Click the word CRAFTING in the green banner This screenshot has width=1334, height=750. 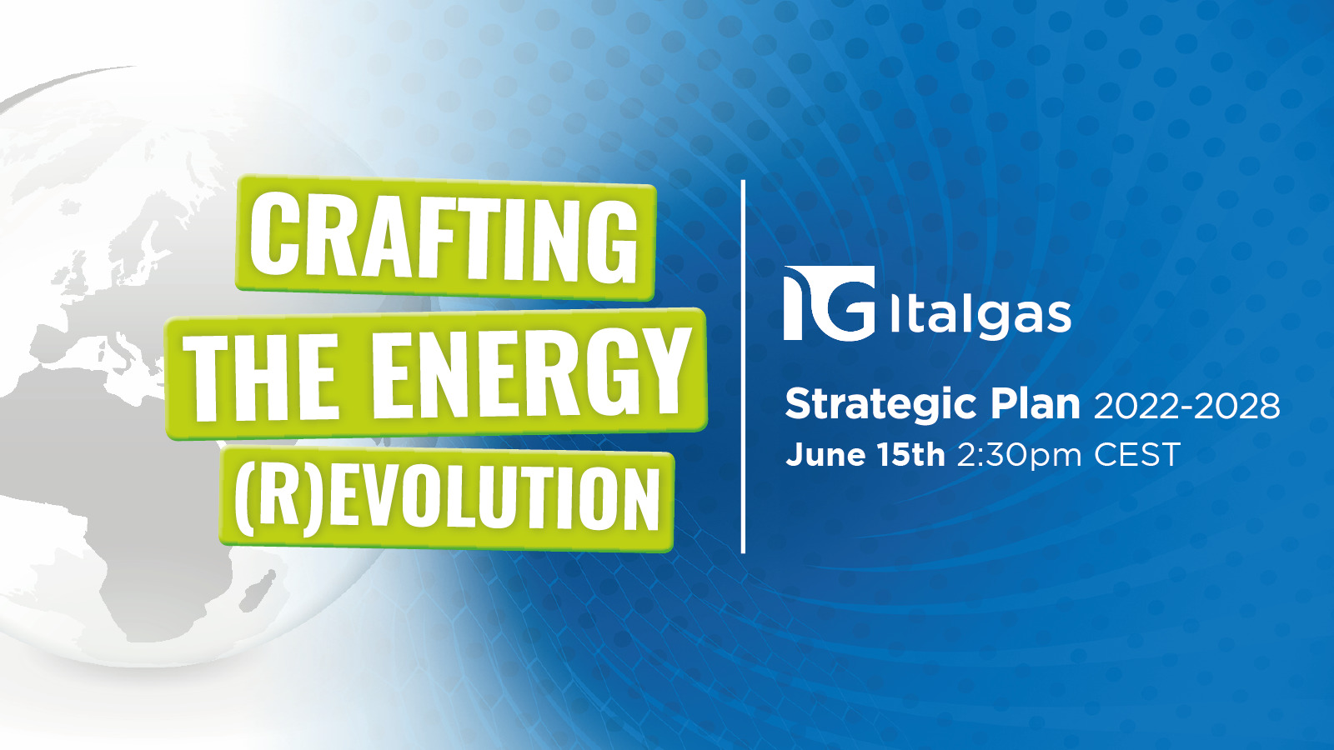point(444,239)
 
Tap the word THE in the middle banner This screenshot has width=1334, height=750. point(260,376)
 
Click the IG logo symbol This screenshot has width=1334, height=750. point(829,303)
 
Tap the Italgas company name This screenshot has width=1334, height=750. point(980,316)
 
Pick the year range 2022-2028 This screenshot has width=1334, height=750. point(1187,407)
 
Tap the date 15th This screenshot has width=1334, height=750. point(911,455)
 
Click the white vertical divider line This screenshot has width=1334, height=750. point(743,366)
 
